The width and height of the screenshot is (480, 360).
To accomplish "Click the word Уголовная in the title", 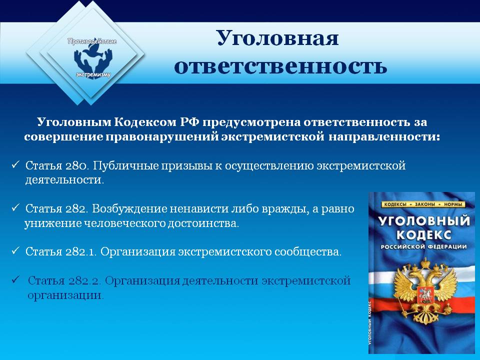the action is (x=278, y=38).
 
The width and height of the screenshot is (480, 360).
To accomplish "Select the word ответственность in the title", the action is (x=280, y=66).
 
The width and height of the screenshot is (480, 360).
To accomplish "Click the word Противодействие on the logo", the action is (x=92, y=41).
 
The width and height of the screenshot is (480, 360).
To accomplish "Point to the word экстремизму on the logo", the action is (x=93, y=74).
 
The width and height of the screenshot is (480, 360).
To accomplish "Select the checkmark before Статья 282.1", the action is (x=15, y=250).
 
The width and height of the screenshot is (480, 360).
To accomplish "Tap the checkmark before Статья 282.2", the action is (x=15, y=279).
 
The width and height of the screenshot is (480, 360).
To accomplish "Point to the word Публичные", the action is (x=125, y=165).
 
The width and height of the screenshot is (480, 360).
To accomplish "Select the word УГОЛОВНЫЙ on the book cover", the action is (x=424, y=220).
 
